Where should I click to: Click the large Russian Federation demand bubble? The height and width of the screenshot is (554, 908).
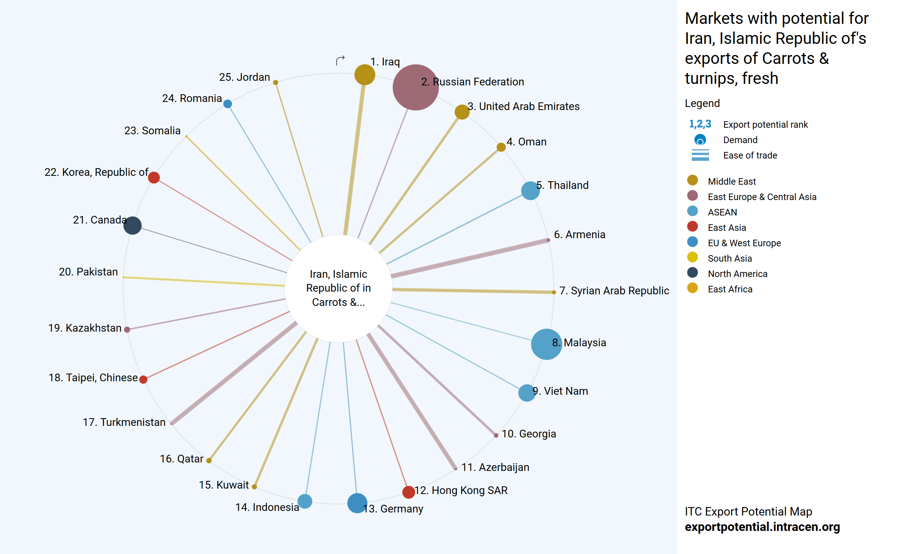[416, 87]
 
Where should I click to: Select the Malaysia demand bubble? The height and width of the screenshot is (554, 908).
[546, 344]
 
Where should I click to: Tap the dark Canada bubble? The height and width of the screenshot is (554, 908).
[132, 225]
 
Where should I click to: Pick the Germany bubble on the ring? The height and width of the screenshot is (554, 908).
[357, 503]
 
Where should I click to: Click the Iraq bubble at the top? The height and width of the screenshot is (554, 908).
[365, 75]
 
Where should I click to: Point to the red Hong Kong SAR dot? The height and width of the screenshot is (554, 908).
[408, 492]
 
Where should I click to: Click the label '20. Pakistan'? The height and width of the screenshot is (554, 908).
[88, 272]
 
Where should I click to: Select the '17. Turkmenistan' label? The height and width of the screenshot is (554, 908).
[124, 422]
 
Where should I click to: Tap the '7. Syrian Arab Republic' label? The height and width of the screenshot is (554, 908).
[614, 291]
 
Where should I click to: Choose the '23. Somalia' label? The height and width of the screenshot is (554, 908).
[152, 131]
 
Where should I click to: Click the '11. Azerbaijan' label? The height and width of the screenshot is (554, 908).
[495, 467]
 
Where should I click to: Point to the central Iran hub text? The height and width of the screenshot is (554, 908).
[339, 288]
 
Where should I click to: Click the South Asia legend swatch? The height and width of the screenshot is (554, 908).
[693, 257]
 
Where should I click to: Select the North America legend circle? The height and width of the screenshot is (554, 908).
[693, 272]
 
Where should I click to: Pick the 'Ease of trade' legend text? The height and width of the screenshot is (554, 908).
[750, 155]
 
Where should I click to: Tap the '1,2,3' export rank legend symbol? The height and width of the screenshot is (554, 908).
[700, 124]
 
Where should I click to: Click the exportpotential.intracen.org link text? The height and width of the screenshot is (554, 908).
[762, 527]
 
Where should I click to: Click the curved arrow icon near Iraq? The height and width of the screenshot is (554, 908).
[340, 60]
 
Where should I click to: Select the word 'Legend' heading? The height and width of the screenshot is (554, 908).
[702, 103]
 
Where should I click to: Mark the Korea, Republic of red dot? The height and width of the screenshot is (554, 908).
[154, 178]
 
